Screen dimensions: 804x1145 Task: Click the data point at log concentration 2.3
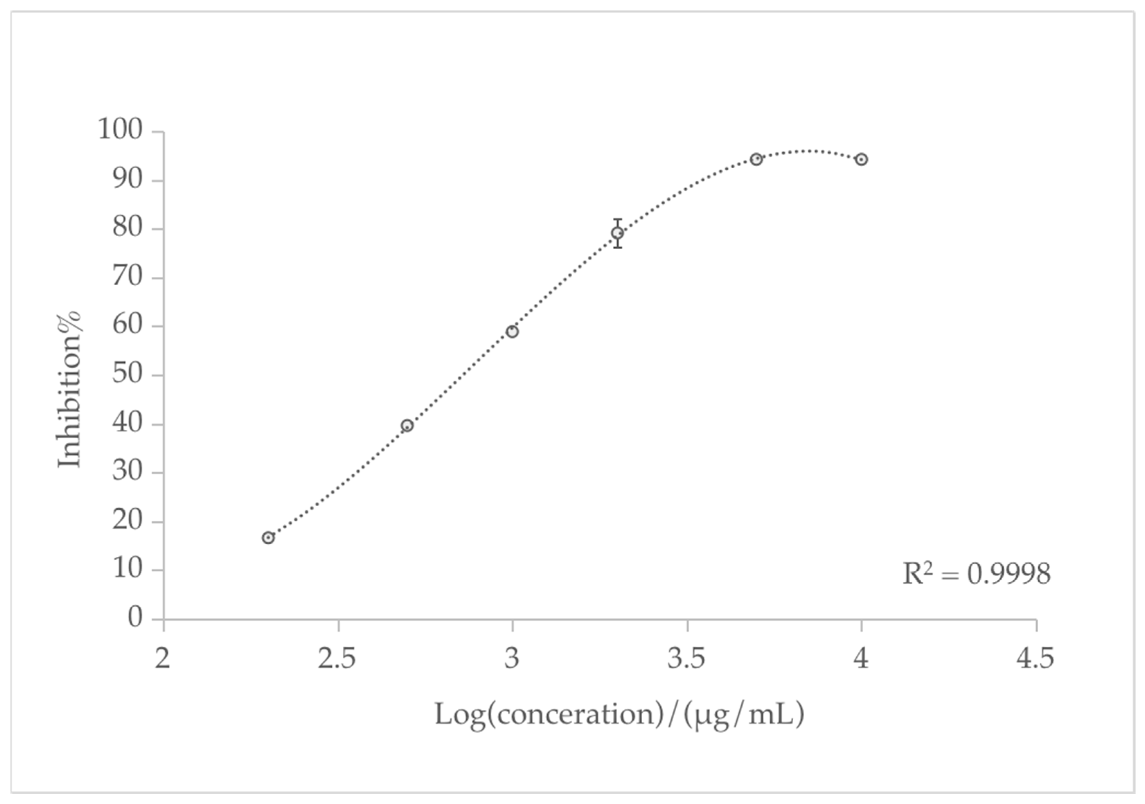tap(268, 538)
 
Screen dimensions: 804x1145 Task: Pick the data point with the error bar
tap(617, 233)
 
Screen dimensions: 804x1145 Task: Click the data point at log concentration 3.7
tap(757, 160)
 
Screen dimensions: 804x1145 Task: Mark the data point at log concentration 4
tap(861, 160)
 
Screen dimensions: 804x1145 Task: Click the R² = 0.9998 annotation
tap(976, 574)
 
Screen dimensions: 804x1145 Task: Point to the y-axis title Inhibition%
tap(69, 390)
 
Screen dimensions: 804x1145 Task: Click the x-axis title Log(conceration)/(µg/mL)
tap(619, 715)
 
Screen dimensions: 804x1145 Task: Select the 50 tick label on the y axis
tap(128, 374)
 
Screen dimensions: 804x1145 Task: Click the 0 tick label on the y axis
tap(135, 617)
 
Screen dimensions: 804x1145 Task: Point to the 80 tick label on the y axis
tap(128, 227)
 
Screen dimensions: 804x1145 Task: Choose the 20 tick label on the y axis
tap(128, 520)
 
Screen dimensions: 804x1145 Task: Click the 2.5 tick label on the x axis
tap(337, 658)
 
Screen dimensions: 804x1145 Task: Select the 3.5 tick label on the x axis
tap(686, 658)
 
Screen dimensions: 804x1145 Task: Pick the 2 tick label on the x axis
tap(163, 658)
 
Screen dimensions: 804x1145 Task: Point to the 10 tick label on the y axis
tap(128, 569)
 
